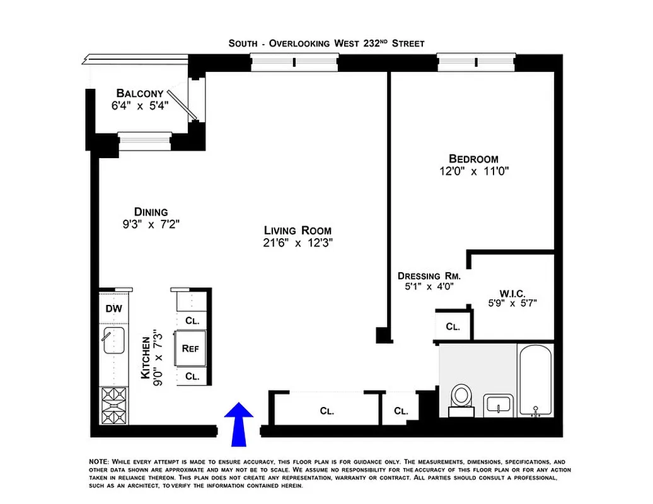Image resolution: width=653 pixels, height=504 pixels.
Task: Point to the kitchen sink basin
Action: click(113, 343)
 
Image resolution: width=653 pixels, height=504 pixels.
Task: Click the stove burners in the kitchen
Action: click(113, 406)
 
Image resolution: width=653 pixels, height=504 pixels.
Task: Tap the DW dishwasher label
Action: click(113, 309)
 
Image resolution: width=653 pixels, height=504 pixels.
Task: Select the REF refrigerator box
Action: click(192, 348)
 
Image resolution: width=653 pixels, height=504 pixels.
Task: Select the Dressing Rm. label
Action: click(429, 276)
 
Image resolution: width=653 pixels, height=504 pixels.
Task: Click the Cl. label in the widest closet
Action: click(326, 411)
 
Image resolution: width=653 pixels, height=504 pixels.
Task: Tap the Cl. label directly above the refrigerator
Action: click(192, 320)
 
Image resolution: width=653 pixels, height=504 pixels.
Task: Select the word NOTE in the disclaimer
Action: click(99, 462)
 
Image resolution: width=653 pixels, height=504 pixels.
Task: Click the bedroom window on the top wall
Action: click(477, 62)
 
